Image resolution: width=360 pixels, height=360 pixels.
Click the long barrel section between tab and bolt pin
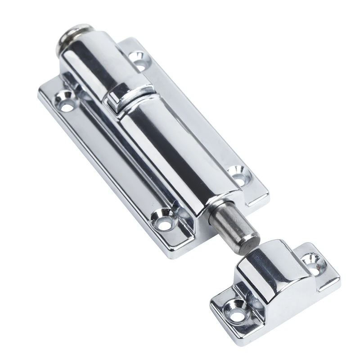coord(171,153)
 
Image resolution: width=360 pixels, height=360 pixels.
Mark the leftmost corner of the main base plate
coord(40,90)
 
